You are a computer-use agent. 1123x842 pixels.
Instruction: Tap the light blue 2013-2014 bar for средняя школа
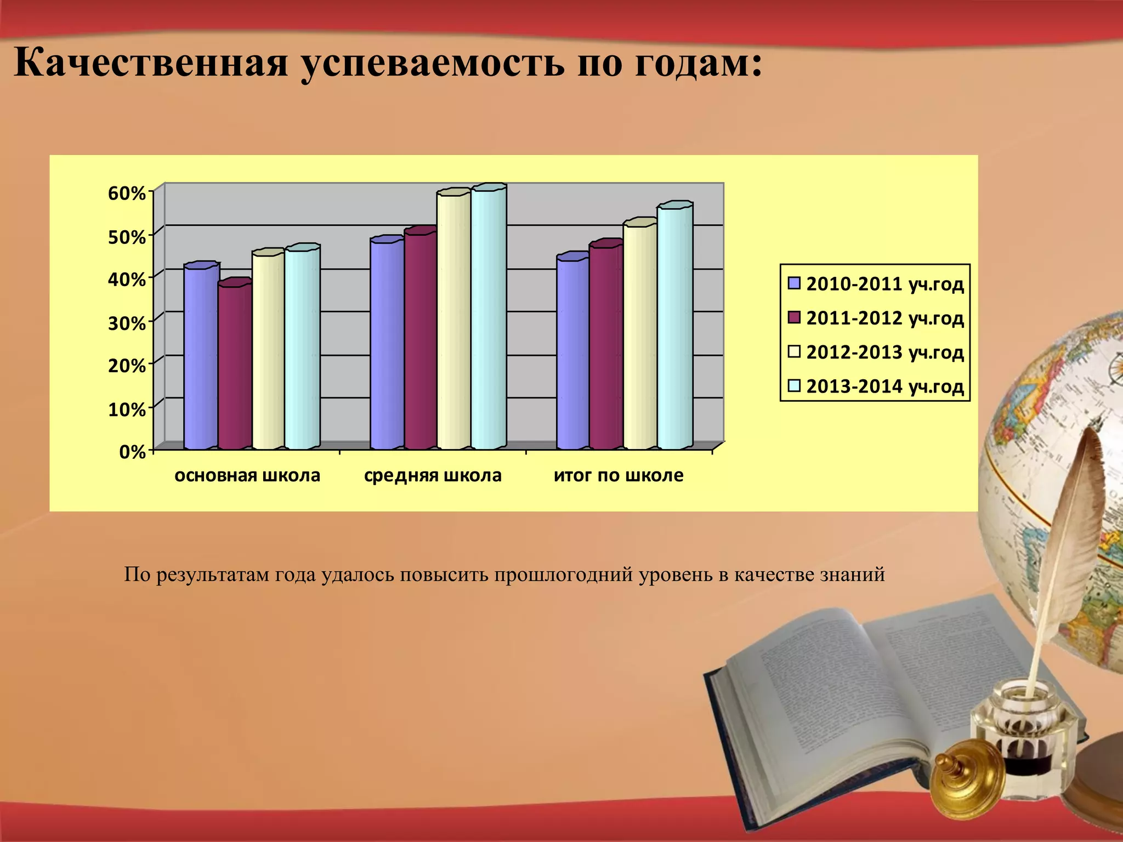click(488, 318)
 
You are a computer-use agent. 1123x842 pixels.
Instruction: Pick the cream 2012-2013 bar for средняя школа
click(453, 321)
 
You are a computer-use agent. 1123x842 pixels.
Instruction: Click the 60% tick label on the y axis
click(127, 194)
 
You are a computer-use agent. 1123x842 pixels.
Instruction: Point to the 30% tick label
click(127, 323)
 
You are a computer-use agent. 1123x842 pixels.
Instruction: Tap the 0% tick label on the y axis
click(132, 452)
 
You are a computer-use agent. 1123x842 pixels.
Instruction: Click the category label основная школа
click(247, 475)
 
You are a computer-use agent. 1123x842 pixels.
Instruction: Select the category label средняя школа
click(433, 475)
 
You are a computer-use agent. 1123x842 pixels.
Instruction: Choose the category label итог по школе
click(619, 475)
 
